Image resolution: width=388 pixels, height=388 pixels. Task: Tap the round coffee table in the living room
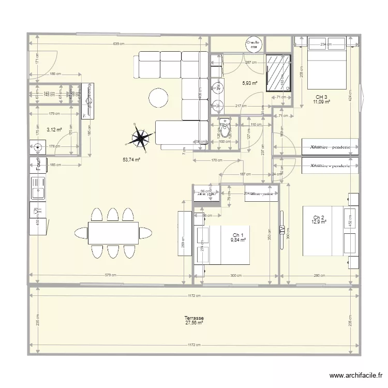pos(158,97)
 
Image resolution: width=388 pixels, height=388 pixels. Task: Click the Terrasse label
pos(193,318)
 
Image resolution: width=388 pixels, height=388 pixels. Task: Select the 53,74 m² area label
pos(131,160)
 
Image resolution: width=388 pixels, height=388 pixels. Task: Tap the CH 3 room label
pos(321,97)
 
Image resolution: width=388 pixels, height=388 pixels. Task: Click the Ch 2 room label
pos(319,217)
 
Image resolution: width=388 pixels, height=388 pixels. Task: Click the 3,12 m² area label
pos(54,130)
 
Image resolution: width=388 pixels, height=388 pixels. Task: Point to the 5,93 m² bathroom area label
pos(250,83)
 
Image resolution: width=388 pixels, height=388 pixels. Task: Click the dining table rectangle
pos(113,233)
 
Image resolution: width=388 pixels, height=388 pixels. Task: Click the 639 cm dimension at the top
pos(119,44)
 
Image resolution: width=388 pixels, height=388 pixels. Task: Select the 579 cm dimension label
pos(109,275)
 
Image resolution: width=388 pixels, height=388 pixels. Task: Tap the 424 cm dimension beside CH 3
pos(350,95)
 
